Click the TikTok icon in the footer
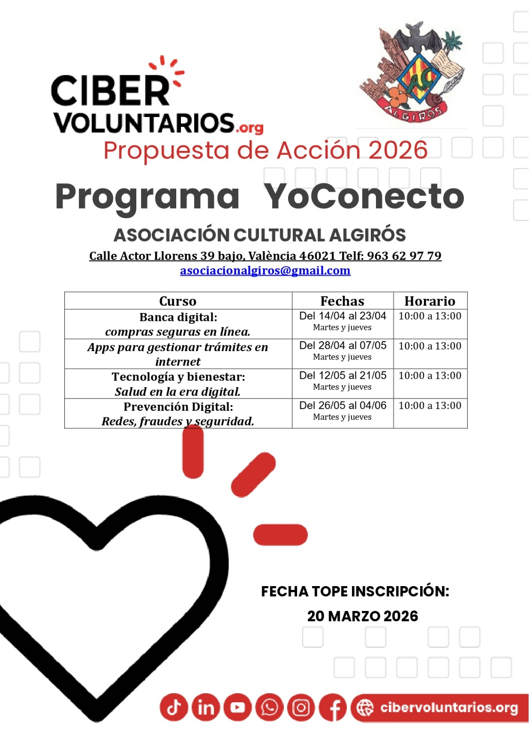pyautogui.click(x=174, y=707)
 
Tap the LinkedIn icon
pyautogui.click(x=206, y=707)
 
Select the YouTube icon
pyautogui.click(x=237, y=707)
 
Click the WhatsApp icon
pyautogui.click(x=269, y=707)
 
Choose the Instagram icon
pyautogui.click(x=301, y=707)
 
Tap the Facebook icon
pyautogui.click(x=333, y=707)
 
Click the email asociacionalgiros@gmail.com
pyautogui.click(x=265, y=271)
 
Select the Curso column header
pyautogui.click(x=178, y=301)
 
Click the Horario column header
pyautogui.click(x=430, y=301)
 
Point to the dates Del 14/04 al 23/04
pyautogui.click(x=343, y=316)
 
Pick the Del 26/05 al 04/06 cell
pyautogui.click(x=343, y=405)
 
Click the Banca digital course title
pyautogui.click(x=178, y=317)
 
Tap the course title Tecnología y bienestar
pyautogui.click(x=178, y=377)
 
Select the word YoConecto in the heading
pyautogui.click(x=364, y=196)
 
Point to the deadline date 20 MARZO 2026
pyautogui.click(x=362, y=616)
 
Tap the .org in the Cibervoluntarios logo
pyautogui.click(x=250, y=127)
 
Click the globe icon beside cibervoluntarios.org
pyautogui.click(x=365, y=708)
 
